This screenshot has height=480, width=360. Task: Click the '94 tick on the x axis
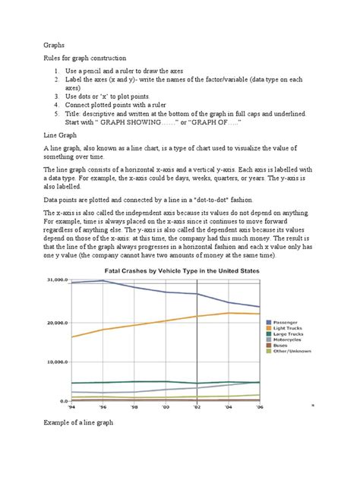click(72, 407)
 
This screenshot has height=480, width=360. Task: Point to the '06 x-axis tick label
click(259, 407)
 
